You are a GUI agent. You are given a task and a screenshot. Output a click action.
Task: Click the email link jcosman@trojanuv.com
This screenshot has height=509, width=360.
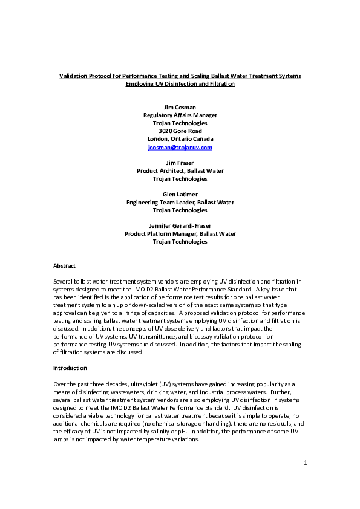coord(180,147)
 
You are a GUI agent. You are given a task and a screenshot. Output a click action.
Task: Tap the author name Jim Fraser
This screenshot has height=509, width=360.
coord(180,163)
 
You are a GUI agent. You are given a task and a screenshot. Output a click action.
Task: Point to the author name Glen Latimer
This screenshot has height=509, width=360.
coord(180,194)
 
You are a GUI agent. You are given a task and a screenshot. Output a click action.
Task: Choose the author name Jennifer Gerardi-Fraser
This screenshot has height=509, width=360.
coord(180,225)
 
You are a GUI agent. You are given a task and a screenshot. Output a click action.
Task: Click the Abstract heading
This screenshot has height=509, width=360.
coord(65,265)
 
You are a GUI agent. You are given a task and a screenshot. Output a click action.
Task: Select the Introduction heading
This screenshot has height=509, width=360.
coord(70,368)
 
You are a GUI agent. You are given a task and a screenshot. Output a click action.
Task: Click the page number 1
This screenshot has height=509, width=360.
coord(306,480)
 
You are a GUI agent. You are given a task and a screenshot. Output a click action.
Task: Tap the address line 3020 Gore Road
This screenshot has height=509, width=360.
coord(180,131)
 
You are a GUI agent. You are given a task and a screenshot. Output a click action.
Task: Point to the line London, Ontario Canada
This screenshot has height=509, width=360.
coord(180,138)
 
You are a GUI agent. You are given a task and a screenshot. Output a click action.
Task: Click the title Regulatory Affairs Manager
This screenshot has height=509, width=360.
coord(180,115)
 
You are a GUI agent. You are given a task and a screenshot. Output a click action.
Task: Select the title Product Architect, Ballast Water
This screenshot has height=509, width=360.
coord(180,170)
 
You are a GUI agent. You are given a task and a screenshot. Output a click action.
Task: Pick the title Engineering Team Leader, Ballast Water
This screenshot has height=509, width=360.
coord(180,202)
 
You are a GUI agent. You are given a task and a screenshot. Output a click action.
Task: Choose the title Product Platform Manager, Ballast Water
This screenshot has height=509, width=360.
coord(180,233)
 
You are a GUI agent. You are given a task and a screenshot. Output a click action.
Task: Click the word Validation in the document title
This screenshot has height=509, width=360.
coord(74,76)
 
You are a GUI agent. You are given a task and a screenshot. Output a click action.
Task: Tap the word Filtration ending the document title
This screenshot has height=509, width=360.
coord(220,84)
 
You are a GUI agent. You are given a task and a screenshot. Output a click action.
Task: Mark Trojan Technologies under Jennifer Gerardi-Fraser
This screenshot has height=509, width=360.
coord(180,241)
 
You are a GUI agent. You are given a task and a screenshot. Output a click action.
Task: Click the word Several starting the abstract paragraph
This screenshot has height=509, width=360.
coord(64,282)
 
